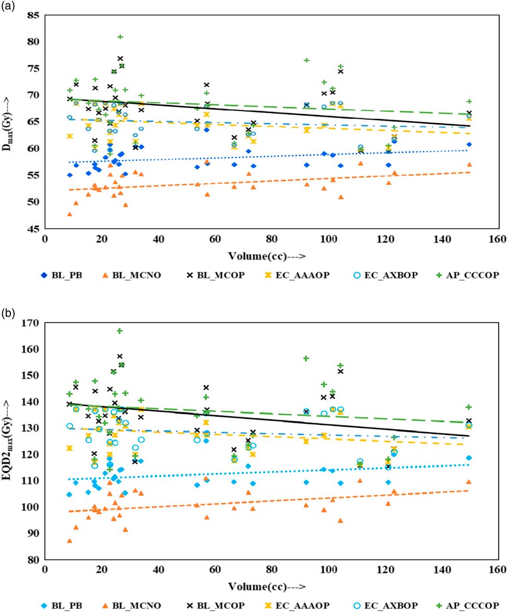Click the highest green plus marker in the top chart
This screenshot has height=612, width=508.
click(x=120, y=37)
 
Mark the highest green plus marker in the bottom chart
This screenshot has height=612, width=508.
click(x=120, y=331)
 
